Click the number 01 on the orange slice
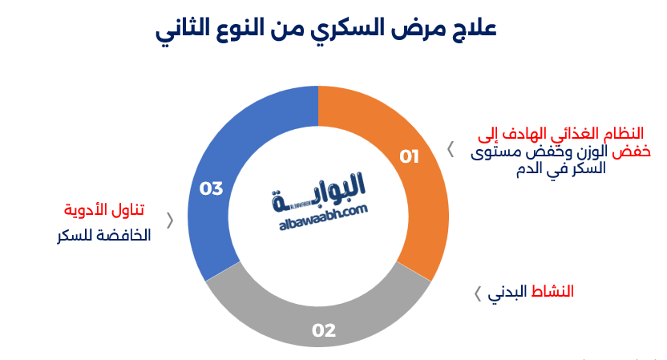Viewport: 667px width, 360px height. coord(410,156)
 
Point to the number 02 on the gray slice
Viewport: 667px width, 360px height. coord(323,330)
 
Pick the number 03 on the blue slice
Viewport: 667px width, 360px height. coord(211,189)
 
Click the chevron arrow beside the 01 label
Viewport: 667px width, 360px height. coord(451,150)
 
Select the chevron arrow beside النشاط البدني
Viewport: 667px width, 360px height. coord(478,293)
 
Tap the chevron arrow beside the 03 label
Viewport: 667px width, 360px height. coord(169,220)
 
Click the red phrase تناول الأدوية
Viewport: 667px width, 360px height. coord(104,210)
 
